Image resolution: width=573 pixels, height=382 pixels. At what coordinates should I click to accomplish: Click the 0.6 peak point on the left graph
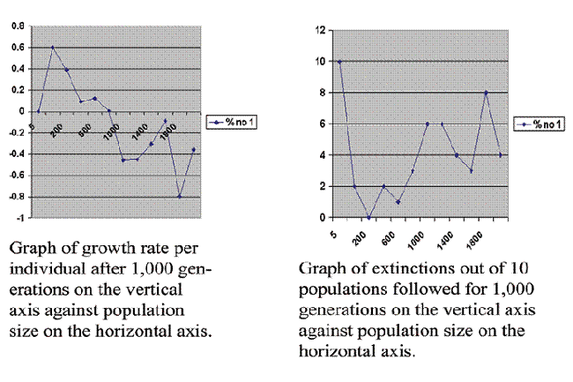tap(53, 48)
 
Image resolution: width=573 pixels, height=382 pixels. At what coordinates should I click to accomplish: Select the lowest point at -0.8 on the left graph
tap(179, 196)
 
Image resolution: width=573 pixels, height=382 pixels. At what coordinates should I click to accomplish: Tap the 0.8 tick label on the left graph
tap(18, 26)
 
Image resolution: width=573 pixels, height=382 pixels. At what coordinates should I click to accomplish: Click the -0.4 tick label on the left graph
tap(17, 154)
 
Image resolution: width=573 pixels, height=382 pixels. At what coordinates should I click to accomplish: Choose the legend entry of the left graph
tap(230, 121)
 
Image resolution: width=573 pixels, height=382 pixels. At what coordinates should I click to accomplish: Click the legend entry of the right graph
tap(539, 124)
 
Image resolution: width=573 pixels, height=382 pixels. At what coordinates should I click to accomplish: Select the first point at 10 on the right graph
tap(339, 62)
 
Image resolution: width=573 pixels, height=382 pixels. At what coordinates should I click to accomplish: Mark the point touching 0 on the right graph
tap(368, 217)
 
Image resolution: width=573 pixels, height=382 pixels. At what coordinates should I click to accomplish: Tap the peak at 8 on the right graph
tap(486, 93)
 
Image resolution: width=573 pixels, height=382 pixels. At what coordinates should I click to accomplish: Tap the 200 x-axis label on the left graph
tap(56, 132)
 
